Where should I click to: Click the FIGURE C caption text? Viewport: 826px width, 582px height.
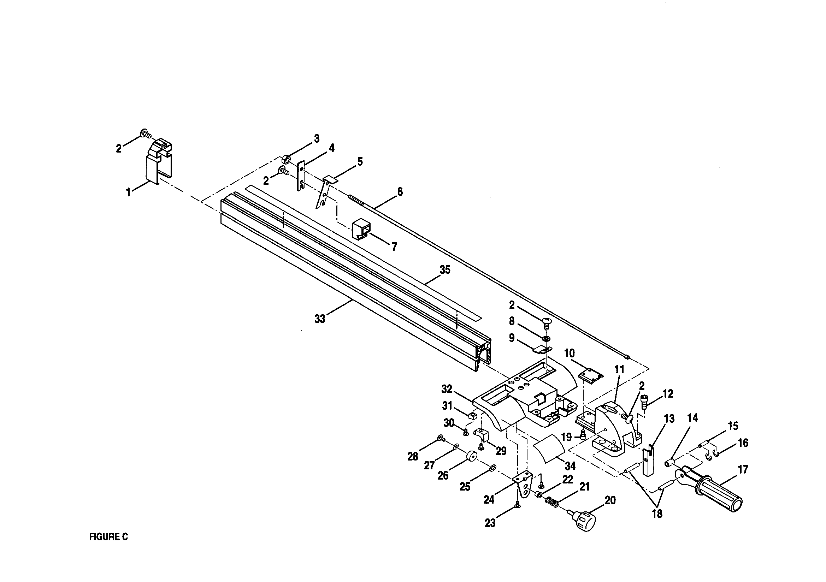pyautogui.click(x=108, y=537)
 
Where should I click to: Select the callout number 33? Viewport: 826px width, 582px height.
pyautogui.click(x=320, y=319)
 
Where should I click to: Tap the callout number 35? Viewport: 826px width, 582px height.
pyautogui.click(x=445, y=270)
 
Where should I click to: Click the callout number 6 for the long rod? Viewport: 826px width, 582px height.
pyautogui.click(x=400, y=192)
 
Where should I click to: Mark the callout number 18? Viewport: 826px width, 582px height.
pyautogui.click(x=657, y=513)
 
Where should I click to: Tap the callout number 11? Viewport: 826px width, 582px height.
pyautogui.click(x=619, y=369)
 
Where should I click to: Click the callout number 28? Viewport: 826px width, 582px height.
pyautogui.click(x=413, y=457)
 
